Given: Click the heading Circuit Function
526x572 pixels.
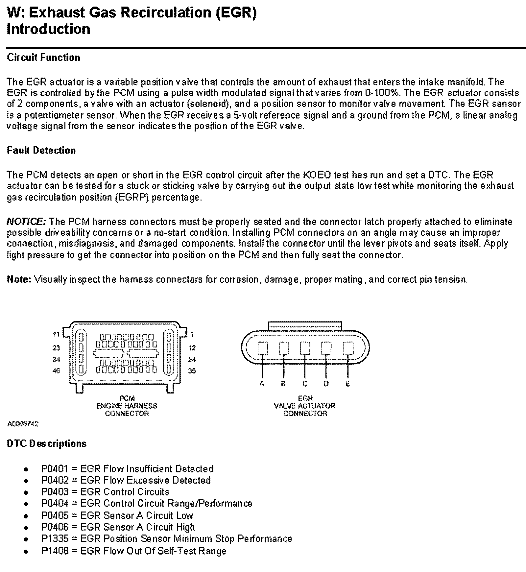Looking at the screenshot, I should (43, 58).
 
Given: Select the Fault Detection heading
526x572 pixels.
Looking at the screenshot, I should (41, 151).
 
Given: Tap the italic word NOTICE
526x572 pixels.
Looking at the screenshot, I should (26, 222).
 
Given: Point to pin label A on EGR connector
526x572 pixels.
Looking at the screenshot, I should (262, 384).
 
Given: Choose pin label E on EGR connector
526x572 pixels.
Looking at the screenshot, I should (348, 384).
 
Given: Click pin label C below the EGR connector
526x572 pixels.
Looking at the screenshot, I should (305, 384).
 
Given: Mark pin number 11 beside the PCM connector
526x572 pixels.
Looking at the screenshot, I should (56, 334).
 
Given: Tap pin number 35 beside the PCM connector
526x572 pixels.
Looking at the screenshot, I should (192, 371).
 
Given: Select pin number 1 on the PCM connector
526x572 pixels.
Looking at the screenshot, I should (192, 335).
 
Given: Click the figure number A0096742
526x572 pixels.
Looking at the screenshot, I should (23, 424).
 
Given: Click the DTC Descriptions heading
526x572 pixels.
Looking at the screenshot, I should (47, 444).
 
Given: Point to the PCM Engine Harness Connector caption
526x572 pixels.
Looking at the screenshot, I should (127, 406).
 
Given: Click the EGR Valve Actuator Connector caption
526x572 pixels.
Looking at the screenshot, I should (305, 406).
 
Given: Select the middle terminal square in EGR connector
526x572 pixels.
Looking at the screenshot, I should (305, 348).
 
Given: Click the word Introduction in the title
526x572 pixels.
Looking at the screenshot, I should (48, 29).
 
